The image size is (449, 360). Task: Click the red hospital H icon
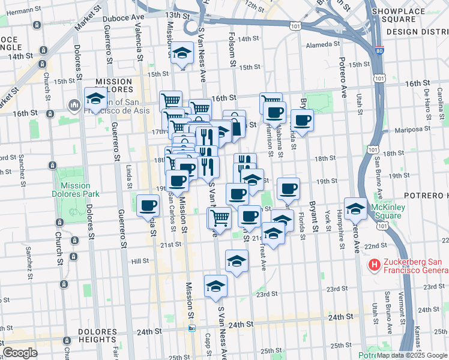(375, 264)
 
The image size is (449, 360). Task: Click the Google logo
(20, 352)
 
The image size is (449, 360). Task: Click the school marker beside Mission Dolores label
(95, 98)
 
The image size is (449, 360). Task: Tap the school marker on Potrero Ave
(355, 208)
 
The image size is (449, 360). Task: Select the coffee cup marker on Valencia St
(148, 206)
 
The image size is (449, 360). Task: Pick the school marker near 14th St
(181, 53)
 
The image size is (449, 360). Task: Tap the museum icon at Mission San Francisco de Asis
(74, 106)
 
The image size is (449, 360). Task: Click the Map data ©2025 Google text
(412, 355)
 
